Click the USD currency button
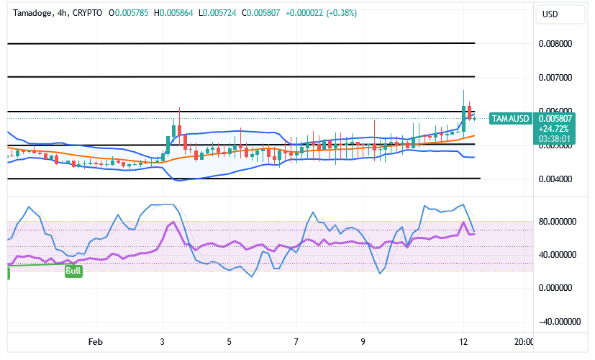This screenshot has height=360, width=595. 551,14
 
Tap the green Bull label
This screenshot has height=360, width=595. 73,271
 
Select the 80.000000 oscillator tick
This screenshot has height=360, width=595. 558,222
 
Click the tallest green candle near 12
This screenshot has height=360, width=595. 464,119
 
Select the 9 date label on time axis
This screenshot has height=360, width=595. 363,342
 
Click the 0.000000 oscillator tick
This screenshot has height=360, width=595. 558,288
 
